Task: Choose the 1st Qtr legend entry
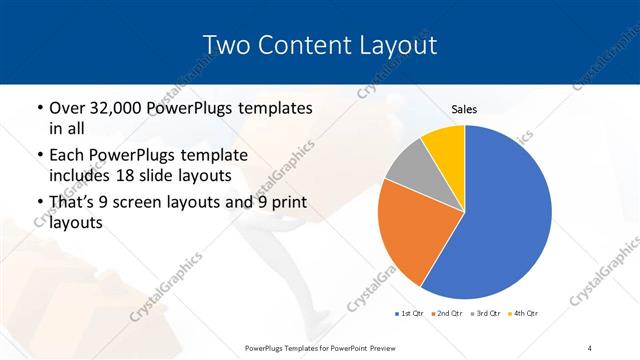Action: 410,314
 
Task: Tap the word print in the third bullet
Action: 281,203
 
